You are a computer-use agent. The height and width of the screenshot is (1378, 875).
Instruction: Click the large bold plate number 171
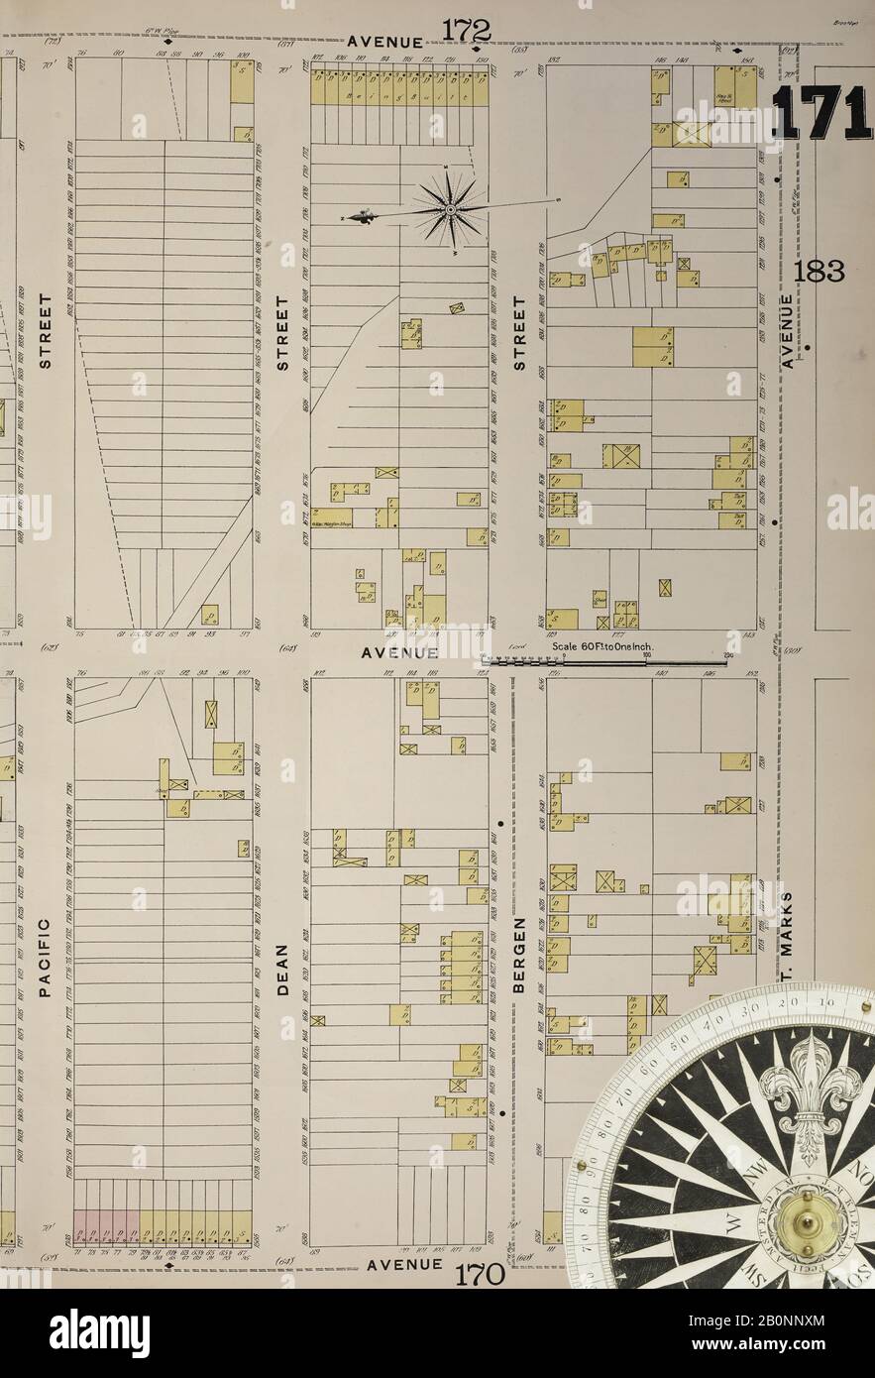click(x=821, y=112)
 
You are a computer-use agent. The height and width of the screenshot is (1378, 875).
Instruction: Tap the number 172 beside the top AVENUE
click(x=467, y=31)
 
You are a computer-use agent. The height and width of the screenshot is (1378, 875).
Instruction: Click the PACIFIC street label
click(x=44, y=957)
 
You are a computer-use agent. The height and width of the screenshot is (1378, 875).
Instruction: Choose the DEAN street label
click(x=281, y=962)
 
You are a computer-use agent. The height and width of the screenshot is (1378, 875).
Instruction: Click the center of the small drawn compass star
click(x=451, y=209)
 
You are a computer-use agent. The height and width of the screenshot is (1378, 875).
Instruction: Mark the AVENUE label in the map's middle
click(x=399, y=653)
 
